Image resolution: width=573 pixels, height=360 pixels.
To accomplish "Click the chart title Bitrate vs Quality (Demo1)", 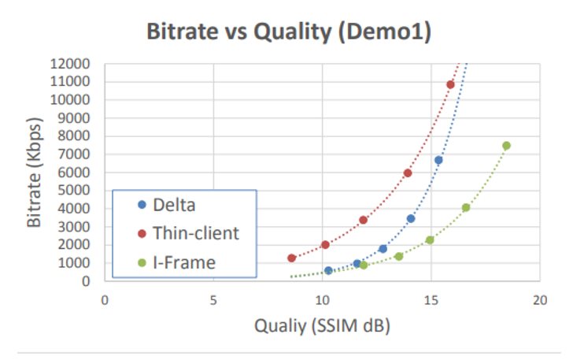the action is point(289,32).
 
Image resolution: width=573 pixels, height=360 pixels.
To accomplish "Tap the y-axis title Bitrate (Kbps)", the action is point(34,173).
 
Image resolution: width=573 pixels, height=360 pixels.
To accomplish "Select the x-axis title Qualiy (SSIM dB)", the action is point(322,325).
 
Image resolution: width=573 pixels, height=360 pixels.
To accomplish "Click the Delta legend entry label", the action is point(174,205).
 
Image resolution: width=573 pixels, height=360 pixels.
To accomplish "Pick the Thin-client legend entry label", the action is point(196,233).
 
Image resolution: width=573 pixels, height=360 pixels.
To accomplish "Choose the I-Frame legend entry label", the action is point(184,262).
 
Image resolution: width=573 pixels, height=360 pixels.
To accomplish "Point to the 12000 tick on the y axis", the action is point(70,64).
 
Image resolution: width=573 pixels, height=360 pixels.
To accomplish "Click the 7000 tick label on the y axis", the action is point(74,154).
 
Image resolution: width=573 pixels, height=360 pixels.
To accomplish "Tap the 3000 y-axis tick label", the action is point(74,226).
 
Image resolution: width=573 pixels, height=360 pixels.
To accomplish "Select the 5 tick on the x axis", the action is point(213,300).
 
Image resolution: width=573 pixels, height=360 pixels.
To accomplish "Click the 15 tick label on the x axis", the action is point(431,300).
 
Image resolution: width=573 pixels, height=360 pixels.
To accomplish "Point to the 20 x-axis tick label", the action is point(540,300).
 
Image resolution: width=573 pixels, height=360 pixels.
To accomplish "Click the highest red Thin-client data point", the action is point(450,84).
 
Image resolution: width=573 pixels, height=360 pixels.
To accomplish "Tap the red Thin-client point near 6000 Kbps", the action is point(408,173).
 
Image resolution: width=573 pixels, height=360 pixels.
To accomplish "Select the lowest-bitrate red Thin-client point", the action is point(291,258).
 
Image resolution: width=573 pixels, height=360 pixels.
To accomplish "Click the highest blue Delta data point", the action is point(438,160).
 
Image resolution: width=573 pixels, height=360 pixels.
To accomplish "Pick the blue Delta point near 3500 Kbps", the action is point(411,218).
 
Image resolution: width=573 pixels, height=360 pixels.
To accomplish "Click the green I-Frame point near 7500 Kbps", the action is point(506,146).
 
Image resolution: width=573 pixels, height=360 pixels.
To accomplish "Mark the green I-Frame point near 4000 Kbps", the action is point(466,207).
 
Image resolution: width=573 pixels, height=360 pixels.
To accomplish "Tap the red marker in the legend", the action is point(142,233).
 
